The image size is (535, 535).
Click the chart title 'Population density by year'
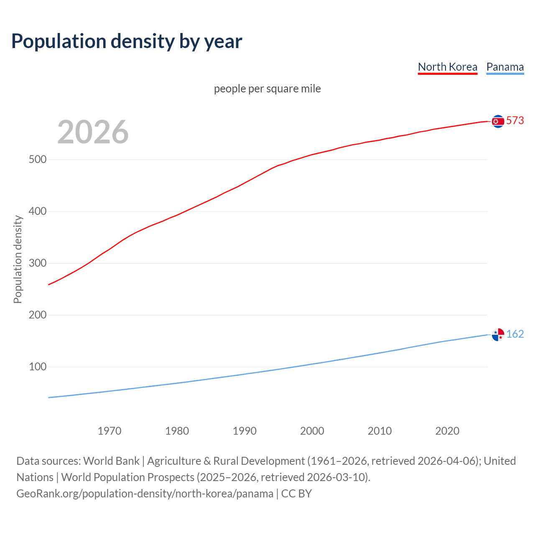tap(127, 41)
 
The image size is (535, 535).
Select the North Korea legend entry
tap(447, 67)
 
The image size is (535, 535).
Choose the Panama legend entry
tap(505, 67)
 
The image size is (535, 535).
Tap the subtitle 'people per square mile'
tap(267, 89)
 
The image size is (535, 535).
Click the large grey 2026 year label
tap(93, 132)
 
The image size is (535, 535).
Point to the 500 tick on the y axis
tap(37, 160)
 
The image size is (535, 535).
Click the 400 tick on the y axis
tap(37, 211)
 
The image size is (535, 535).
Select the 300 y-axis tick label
tap(37, 263)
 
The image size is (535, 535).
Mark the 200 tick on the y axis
tap(37, 315)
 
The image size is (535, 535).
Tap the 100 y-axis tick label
tap(37, 367)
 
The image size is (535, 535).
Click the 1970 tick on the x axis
tap(110, 431)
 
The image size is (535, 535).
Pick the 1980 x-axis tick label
tap(177, 431)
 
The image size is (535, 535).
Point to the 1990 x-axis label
tap(245, 431)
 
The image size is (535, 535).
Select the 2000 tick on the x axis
tap(312, 431)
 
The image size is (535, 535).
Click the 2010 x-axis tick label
tap(380, 431)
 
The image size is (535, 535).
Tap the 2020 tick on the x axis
tap(447, 431)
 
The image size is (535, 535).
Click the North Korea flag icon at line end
tap(498, 121)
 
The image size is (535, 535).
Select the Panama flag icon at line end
tap(498, 334)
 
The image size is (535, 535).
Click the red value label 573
tap(515, 121)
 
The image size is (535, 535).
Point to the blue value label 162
tap(515, 334)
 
